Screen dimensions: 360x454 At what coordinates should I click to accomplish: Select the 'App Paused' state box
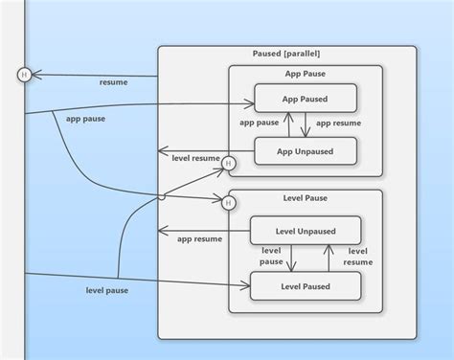(x=306, y=98)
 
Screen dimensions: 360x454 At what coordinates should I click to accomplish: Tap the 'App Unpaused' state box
(x=306, y=150)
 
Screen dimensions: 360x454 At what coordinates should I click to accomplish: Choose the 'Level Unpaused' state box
(x=306, y=230)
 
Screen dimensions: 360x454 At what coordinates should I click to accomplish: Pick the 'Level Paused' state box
(x=306, y=285)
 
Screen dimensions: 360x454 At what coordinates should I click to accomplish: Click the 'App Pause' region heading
(x=306, y=74)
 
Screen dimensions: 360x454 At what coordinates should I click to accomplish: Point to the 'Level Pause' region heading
(x=306, y=198)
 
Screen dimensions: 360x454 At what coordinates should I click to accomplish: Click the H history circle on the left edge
(x=24, y=75)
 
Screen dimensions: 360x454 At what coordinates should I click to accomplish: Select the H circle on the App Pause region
(x=228, y=164)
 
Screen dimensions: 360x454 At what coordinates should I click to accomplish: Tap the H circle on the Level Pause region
(x=228, y=202)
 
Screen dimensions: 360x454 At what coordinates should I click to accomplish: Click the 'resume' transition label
(x=113, y=82)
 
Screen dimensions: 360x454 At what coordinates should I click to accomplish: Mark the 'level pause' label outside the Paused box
(x=105, y=289)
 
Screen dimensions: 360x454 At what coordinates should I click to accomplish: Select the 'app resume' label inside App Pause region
(x=338, y=124)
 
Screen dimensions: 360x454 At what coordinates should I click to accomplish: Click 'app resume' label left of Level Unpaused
(x=198, y=239)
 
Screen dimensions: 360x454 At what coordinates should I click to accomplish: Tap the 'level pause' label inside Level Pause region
(x=271, y=255)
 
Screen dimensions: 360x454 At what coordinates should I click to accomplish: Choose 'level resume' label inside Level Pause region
(x=357, y=256)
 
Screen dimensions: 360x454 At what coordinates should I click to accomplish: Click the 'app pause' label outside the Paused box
(x=85, y=120)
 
